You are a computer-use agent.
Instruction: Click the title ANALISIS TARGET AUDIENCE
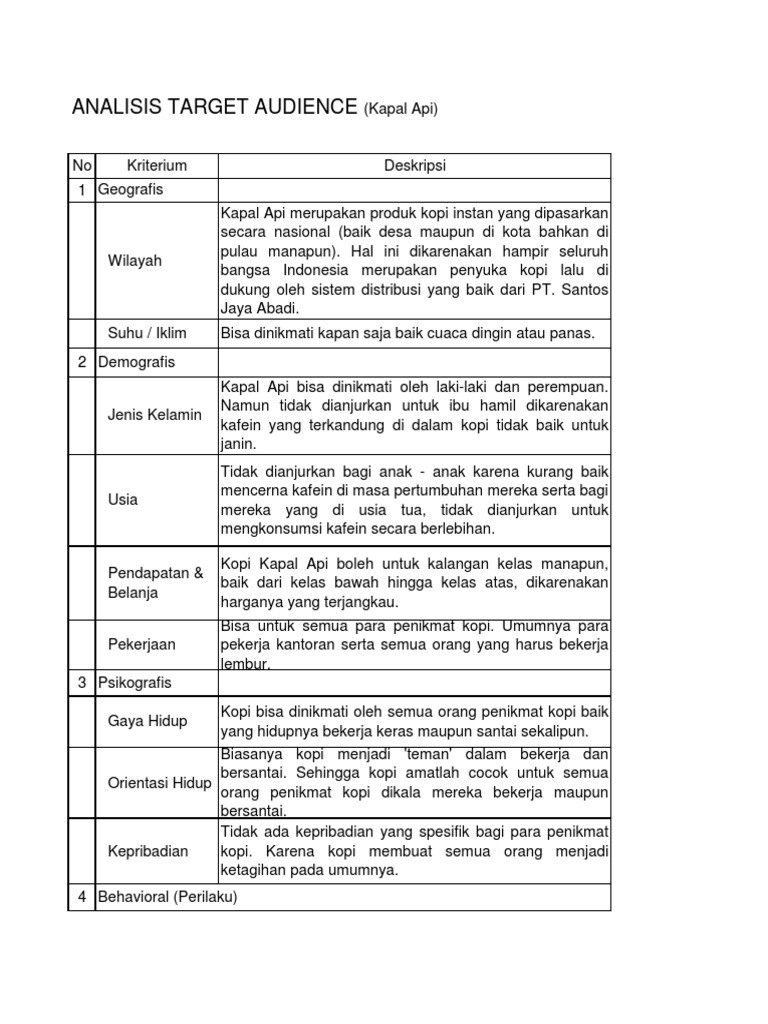(x=214, y=108)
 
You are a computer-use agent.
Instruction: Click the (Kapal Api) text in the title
(x=400, y=109)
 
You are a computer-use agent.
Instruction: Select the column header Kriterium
(x=157, y=165)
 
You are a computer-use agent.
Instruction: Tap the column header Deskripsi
(x=414, y=165)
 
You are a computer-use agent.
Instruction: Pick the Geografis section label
(x=130, y=189)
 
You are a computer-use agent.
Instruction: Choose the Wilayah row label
(x=134, y=261)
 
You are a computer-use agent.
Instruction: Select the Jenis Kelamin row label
(x=154, y=414)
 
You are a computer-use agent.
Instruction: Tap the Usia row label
(x=123, y=499)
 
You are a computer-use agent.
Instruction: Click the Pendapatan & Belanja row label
(x=155, y=582)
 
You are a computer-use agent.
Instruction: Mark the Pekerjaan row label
(x=141, y=644)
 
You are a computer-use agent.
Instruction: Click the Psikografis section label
(x=135, y=683)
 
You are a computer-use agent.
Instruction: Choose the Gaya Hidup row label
(x=147, y=721)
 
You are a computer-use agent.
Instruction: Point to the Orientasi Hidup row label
(x=159, y=783)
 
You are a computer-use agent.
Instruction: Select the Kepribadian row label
(x=147, y=850)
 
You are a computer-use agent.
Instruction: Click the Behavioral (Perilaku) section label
(x=167, y=897)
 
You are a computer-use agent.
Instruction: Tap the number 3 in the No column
(x=81, y=683)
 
